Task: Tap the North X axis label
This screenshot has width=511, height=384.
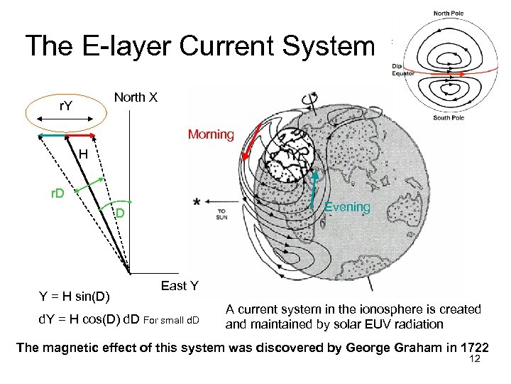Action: click(136, 97)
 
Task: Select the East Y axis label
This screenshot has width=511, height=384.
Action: click(180, 286)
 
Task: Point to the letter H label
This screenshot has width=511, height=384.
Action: click(84, 154)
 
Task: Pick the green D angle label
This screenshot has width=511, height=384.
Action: click(121, 213)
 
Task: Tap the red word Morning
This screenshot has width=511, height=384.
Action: click(211, 134)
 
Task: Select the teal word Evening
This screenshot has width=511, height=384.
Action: click(347, 207)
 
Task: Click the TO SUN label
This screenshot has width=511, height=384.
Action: click(222, 213)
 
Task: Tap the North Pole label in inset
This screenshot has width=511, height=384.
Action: click(448, 14)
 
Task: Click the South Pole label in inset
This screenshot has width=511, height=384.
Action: click(448, 118)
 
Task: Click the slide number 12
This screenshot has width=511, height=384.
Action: click(475, 360)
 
